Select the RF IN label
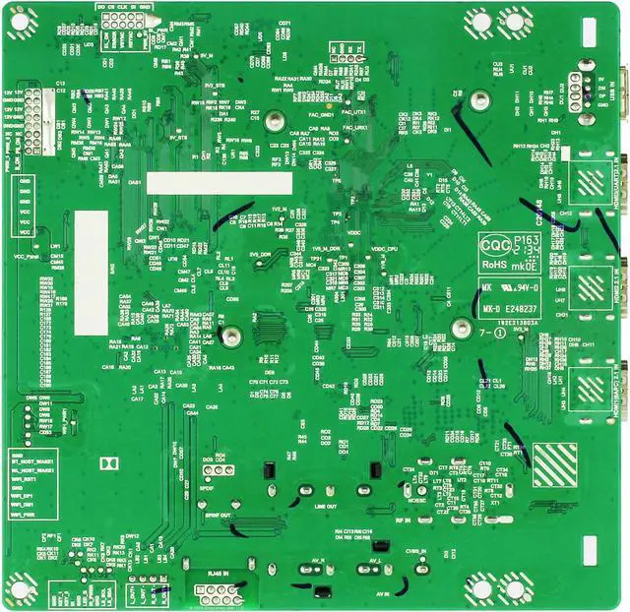coord(402,520)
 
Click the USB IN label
coord(615,94)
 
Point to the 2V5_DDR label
coord(260,254)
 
